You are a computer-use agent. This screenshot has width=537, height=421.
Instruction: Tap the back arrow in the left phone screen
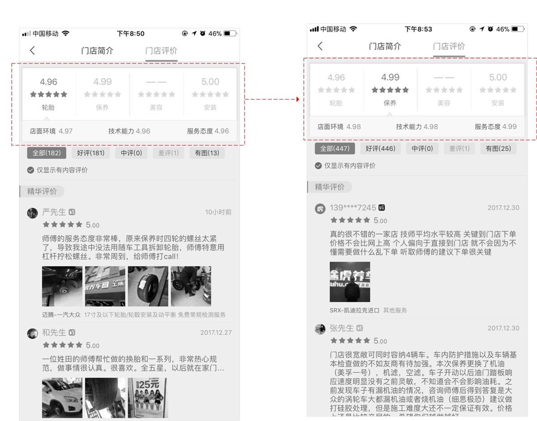32,51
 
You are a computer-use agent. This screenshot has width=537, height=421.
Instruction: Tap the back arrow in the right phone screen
320,46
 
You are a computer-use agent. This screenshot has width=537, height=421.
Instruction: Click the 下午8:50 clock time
131,34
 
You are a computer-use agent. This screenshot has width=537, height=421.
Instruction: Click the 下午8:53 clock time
418,29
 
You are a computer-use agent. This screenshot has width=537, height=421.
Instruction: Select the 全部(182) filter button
47,153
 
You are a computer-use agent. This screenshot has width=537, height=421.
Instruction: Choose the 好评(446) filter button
380,149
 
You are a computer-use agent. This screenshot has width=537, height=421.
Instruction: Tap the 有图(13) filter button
207,153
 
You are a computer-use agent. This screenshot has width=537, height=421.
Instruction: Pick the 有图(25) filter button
498,149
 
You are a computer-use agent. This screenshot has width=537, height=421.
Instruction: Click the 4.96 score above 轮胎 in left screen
48,82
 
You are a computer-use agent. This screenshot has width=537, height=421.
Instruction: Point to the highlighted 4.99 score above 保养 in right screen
390,77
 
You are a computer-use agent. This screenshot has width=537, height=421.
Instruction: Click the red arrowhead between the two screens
298,99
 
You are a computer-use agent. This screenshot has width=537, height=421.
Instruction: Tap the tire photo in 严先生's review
148,286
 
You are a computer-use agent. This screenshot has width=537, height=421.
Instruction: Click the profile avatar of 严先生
32,213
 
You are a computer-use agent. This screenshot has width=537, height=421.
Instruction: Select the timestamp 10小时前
218,212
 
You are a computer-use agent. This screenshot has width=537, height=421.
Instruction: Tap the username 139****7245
353,208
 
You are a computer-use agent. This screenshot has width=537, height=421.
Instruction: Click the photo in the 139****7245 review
350,282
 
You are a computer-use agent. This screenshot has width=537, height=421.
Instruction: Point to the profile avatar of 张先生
320,329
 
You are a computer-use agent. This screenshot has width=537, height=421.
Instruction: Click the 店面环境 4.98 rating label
339,127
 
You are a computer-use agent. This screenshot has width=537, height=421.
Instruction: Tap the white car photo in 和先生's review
62,398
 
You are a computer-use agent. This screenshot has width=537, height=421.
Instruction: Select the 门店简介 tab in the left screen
97,51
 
